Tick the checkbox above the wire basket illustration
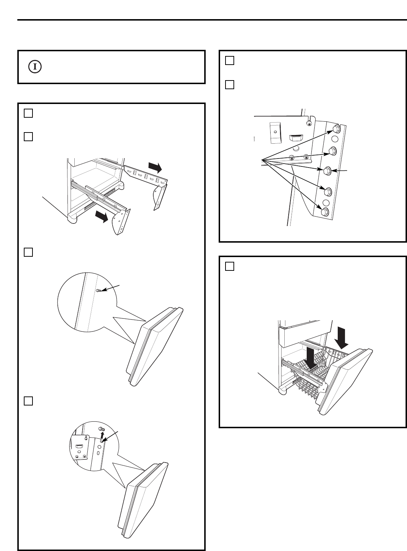(x=229, y=266)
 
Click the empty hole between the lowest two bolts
(x=326, y=203)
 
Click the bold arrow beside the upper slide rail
(x=156, y=167)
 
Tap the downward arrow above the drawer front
(x=341, y=335)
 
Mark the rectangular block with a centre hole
(x=275, y=132)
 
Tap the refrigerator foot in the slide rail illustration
(x=71, y=218)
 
